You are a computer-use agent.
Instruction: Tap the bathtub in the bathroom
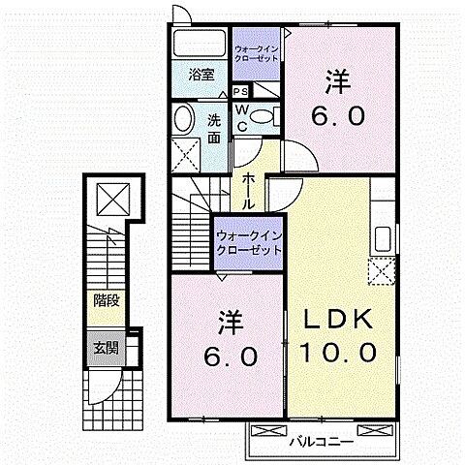pyautogui.click(x=199, y=45)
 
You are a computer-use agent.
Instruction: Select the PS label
pyautogui.click(x=239, y=90)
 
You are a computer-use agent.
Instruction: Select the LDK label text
pyautogui.click(x=340, y=321)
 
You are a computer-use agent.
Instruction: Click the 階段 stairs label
pyautogui.click(x=107, y=300)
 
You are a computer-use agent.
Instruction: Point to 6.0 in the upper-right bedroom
pyautogui.click(x=339, y=116)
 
